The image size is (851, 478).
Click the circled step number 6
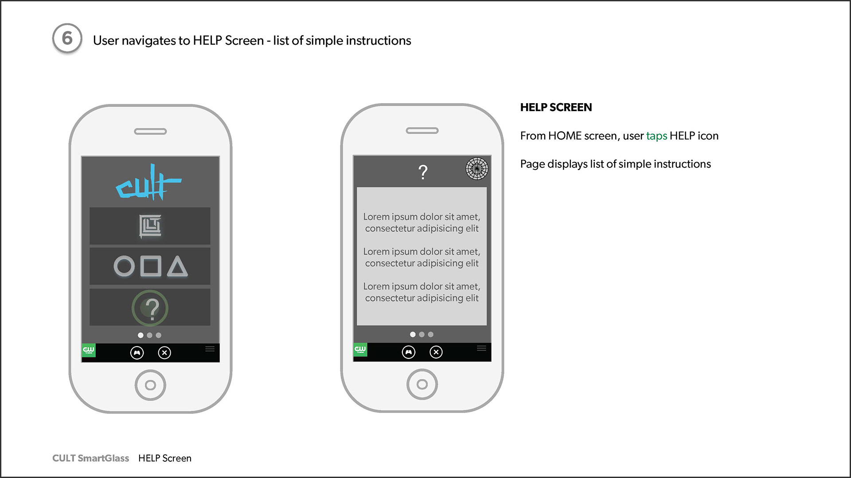click(67, 39)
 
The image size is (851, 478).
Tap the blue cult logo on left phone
click(148, 182)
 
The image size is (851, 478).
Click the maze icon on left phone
click(150, 226)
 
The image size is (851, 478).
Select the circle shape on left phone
click(124, 266)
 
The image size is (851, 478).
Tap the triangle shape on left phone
click(177, 266)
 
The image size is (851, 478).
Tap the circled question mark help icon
click(150, 308)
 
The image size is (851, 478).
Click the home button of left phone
click(150, 385)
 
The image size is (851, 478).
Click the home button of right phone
click(422, 384)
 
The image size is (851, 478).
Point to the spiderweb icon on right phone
click(477, 169)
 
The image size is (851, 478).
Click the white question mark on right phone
click(423, 172)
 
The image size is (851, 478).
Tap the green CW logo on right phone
click(360, 350)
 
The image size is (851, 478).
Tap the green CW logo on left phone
click(89, 350)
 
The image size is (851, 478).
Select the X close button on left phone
click(164, 353)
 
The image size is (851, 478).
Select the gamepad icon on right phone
click(409, 352)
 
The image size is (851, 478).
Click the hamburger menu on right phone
click(482, 348)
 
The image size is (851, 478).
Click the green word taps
click(656, 136)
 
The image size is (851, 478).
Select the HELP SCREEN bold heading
click(556, 108)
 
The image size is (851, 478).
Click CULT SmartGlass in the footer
click(91, 458)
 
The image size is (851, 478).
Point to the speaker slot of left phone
click(150, 131)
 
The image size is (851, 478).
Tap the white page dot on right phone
click(413, 335)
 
